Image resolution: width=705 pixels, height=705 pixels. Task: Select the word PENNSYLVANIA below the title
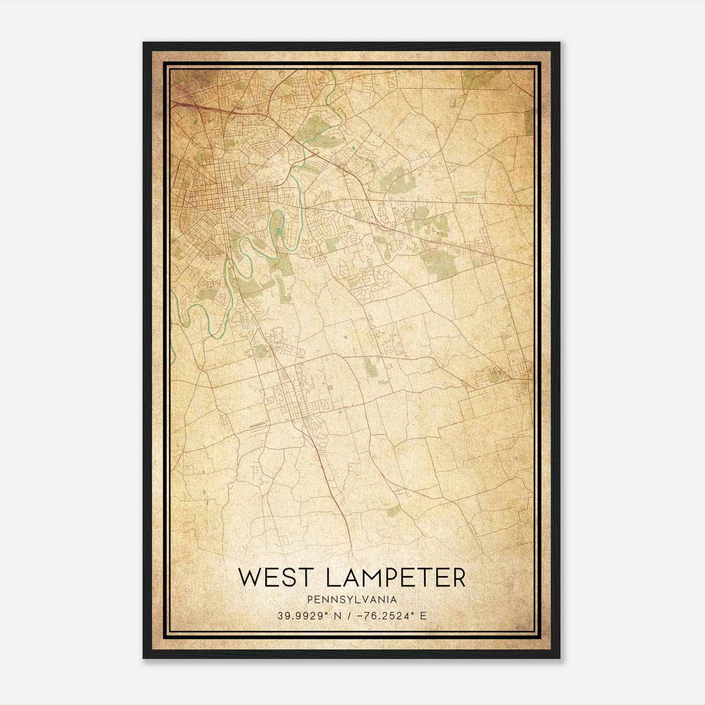pyautogui.click(x=352, y=599)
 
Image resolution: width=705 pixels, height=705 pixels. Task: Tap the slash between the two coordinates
pyautogui.click(x=348, y=616)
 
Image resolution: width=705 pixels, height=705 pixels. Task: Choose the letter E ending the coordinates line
pyautogui.click(x=423, y=616)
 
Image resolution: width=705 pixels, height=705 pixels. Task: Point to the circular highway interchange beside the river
pyautogui.click(x=315, y=152)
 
